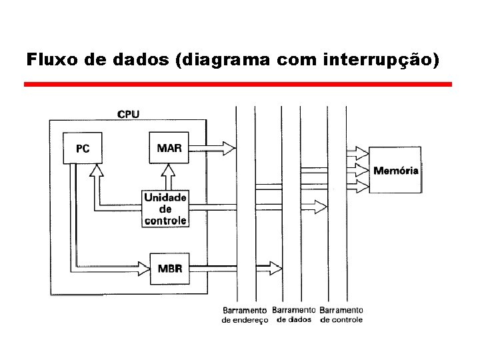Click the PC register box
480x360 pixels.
click(83, 149)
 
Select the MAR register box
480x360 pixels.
click(169, 147)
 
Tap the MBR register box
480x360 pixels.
click(170, 269)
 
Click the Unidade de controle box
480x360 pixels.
click(165, 208)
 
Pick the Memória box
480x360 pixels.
click(396, 170)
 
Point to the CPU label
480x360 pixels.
click(128, 114)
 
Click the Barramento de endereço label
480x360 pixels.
click(245, 315)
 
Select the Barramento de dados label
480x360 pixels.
click(293, 315)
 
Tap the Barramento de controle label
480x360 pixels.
click(341, 315)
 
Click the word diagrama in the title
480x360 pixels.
click(220, 61)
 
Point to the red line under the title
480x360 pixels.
click(238, 85)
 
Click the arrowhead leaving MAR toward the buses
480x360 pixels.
click(228, 147)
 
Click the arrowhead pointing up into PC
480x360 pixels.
click(97, 171)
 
